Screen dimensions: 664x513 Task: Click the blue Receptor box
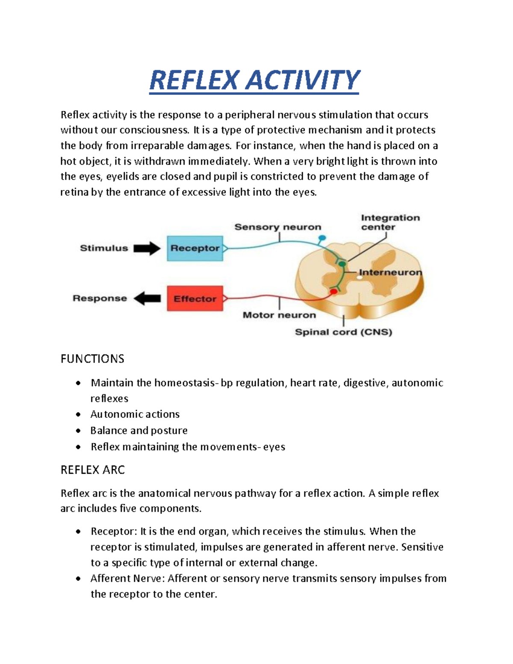click(x=195, y=248)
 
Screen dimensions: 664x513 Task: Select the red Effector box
click(x=195, y=298)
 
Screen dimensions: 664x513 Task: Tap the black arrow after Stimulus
click(x=147, y=248)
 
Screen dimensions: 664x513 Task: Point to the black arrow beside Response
click(x=147, y=298)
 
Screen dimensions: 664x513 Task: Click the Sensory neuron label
click(x=277, y=227)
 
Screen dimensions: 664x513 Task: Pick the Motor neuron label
click(x=279, y=315)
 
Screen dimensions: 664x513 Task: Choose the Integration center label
click(x=390, y=222)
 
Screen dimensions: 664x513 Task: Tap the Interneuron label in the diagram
click(x=390, y=272)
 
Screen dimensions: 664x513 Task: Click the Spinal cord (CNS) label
click(x=343, y=332)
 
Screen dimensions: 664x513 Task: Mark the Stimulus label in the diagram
click(x=104, y=248)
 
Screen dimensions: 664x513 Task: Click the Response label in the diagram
click(x=100, y=298)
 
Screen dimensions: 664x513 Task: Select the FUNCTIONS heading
click(x=92, y=359)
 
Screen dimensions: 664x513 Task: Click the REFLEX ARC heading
click(x=93, y=470)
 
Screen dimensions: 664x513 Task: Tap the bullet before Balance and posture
click(x=78, y=431)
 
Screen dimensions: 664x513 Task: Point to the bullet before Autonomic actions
click(x=78, y=415)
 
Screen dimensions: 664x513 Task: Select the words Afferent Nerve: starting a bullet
click(x=127, y=578)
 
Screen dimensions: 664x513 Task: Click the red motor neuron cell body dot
click(x=333, y=292)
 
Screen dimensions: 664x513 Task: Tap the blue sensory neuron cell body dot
click(x=322, y=237)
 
